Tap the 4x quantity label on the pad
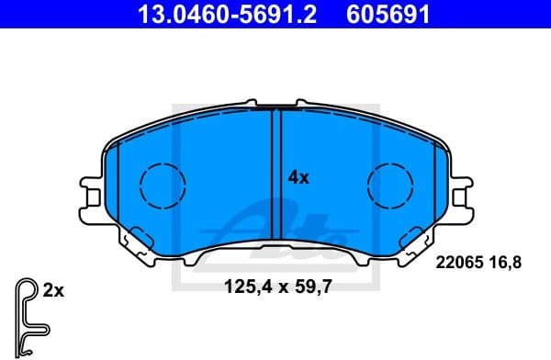298,178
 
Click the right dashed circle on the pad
390,185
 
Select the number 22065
456,263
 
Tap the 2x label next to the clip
52,290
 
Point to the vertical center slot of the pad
275,174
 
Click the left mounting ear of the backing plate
93,193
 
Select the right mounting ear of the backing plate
461,193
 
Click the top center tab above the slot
275,103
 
